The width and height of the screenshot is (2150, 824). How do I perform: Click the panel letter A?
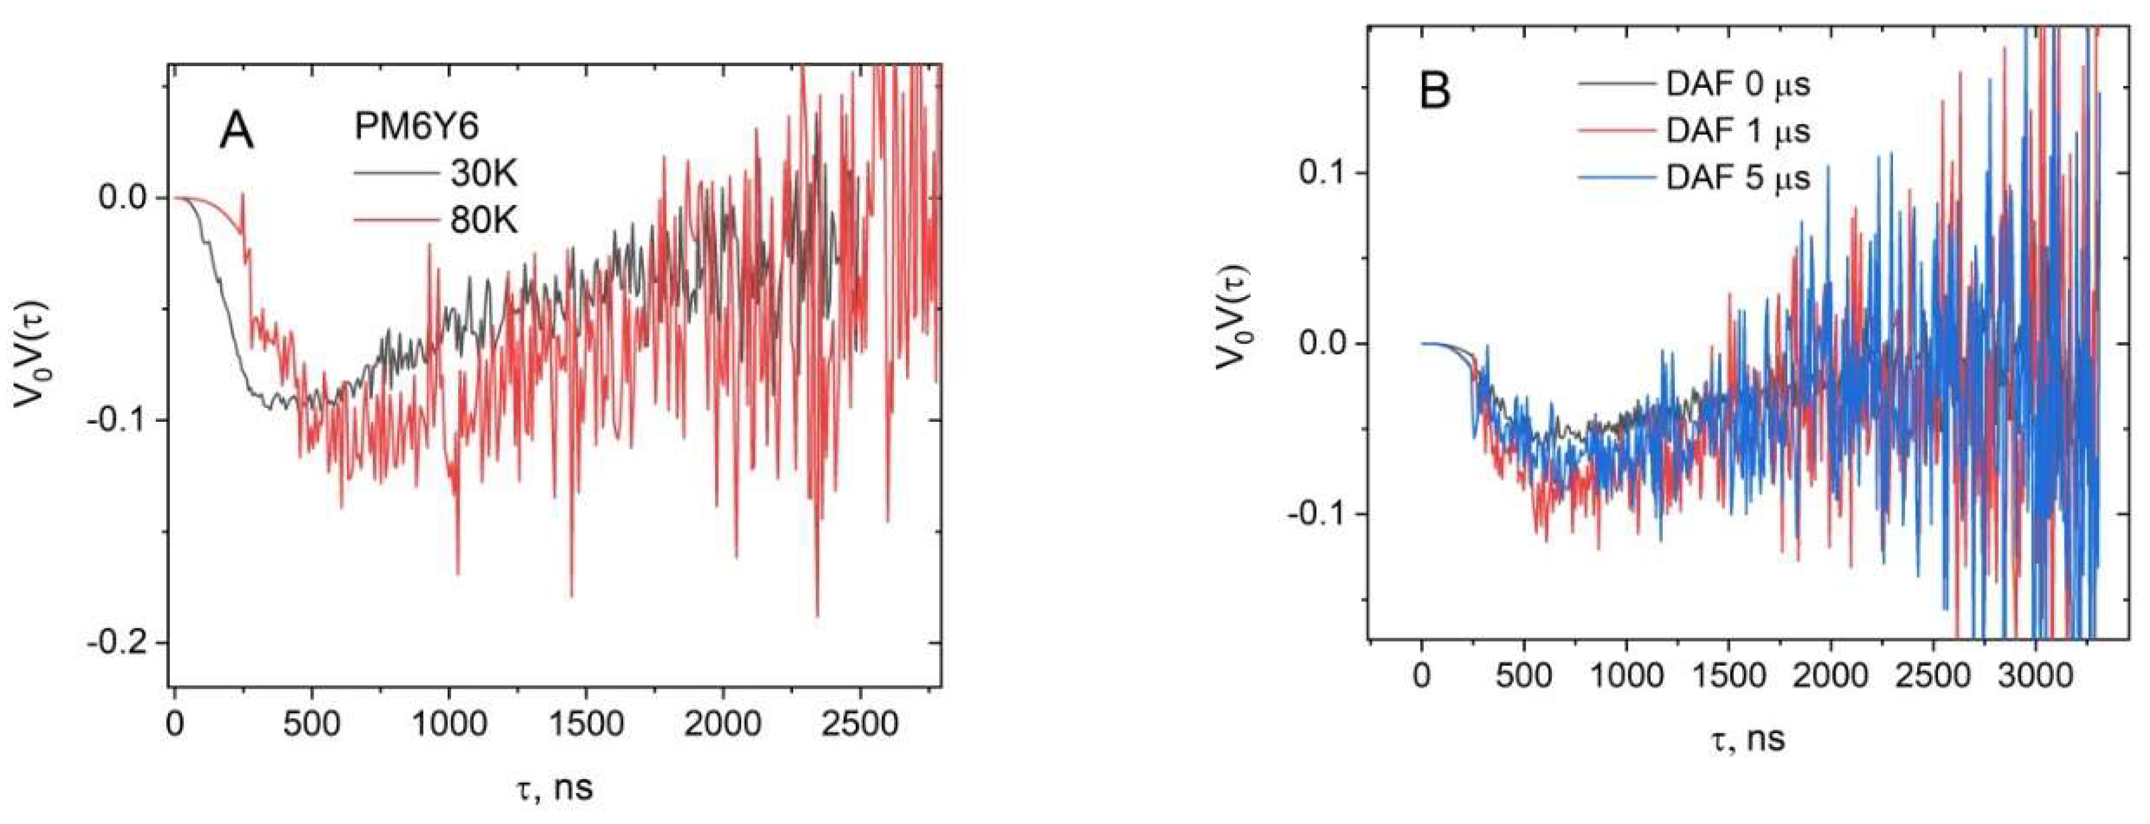[x=237, y=131]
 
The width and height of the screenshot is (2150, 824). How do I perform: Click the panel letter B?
[x=1435, y=92]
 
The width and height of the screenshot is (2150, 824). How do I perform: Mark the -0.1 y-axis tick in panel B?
[x=1317, y=514]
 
